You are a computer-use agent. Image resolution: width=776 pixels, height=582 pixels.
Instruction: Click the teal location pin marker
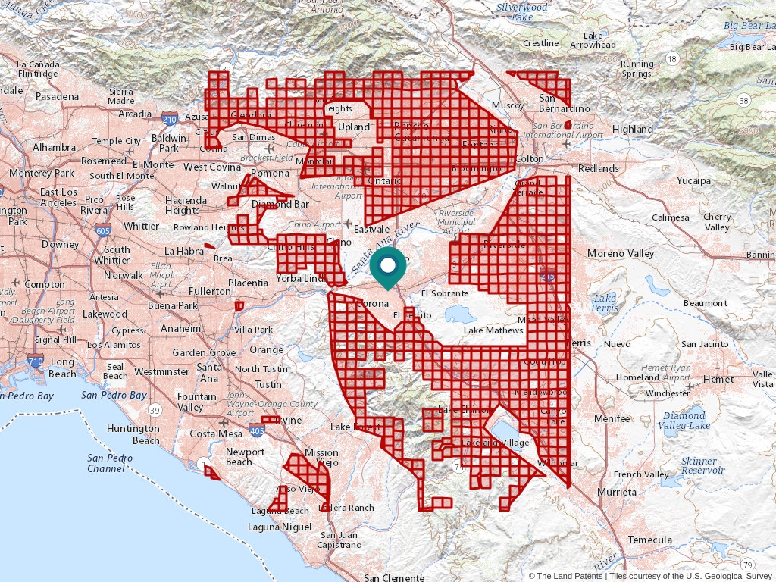click(x=387, y=268)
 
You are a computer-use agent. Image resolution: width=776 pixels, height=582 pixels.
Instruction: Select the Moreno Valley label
click(x=621, y=252)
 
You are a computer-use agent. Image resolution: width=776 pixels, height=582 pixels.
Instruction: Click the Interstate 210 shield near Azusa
click(x=170, y=119)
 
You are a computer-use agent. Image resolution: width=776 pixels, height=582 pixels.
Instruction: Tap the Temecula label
click(x=649, y=540)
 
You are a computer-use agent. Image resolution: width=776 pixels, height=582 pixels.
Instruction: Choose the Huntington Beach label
click(x=133, y=434)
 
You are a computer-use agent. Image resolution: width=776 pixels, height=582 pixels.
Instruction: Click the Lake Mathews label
click(x=493, y=330)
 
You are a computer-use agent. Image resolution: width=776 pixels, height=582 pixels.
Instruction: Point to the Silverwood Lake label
click(x=521, y=11)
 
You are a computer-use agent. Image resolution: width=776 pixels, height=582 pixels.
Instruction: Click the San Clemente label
click(x=394, y=577)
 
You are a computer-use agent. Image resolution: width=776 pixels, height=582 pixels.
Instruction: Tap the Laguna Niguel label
click(x=280, y=526)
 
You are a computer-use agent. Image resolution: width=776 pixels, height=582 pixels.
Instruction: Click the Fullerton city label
click(x=210, y=291)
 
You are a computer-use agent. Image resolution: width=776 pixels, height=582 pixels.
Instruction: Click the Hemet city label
click(x=718, y=378)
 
